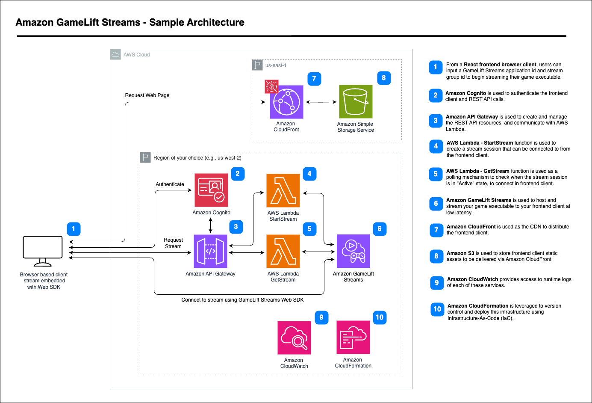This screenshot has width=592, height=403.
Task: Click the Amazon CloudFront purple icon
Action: click(x=286, y=102)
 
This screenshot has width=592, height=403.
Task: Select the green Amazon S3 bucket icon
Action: click(x=356, y=101)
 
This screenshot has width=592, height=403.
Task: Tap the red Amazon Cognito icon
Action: click(x=211, y=190)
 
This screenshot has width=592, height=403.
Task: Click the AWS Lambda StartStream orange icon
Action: click(x=283, y=191)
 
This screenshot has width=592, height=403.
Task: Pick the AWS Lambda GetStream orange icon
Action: click(x=283, y=251)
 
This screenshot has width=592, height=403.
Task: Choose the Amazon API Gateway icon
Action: click(x=210, y=251)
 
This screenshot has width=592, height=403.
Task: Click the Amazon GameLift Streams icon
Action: click(x=353, y=251)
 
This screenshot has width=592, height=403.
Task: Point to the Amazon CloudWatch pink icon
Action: click(x=294, y=338)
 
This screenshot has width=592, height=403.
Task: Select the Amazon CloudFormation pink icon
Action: click(x=353, y=338)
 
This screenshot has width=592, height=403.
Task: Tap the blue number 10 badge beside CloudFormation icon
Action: click(x=380, y=317)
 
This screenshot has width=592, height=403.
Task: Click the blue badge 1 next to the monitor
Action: click(x=74, y=229)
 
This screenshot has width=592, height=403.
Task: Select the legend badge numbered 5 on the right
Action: click(x=436, y=174)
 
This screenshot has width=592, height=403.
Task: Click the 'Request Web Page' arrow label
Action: click(x=147, y=95)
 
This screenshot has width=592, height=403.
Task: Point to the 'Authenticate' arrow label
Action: click(x=170, y=184)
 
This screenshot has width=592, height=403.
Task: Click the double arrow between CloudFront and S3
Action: click(x=321, y=102)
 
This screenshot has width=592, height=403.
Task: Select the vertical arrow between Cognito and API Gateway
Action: click(x=210, y=225)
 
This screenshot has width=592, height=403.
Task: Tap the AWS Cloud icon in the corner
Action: click(x=115, y=54)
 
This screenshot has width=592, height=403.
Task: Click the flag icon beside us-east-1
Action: click(x=257, y=65)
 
